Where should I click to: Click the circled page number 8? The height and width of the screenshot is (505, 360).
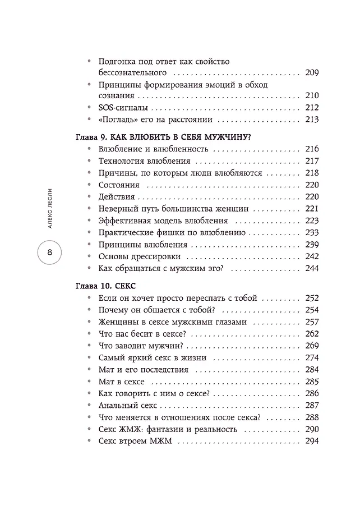point(49,254)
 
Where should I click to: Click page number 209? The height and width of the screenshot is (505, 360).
point(312,72)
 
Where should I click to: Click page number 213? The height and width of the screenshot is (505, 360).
point(312,119)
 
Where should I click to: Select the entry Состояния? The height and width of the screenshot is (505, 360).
point(119,185)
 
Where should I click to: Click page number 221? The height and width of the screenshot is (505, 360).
point(312,209)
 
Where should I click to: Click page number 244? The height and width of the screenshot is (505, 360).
point(312,268)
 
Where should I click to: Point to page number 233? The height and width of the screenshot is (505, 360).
point(312,232)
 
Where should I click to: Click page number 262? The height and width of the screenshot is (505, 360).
point(312,334)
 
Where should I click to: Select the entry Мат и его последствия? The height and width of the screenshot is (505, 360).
point(143,370)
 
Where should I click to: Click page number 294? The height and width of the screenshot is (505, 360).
point(312,441)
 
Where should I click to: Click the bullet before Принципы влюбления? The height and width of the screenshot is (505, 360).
point(89,245)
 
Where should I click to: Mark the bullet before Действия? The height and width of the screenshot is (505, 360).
point(89,197)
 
